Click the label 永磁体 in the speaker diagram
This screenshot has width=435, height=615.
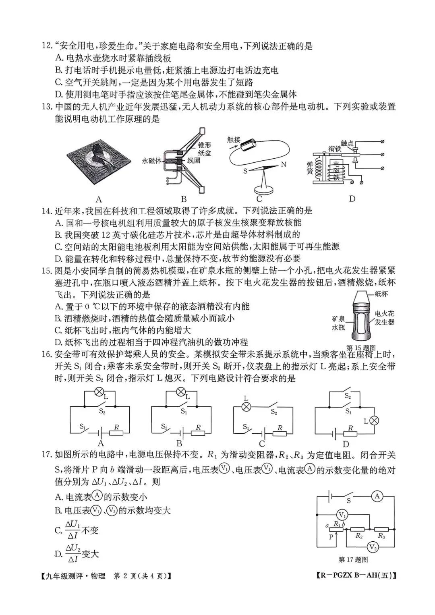[x=151, y=160]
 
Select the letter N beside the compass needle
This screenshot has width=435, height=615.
[x=283, y=164]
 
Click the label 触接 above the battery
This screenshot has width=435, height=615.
[x=233, y=140]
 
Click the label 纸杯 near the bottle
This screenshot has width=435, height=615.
[x=381, y=294]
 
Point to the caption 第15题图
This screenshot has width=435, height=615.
[x=361, y=348]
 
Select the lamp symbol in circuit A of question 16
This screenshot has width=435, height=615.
[x=99, y=392]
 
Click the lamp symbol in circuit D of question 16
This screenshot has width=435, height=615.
[x=374, y=420]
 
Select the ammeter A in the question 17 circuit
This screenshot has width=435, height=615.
[x=377, y=496]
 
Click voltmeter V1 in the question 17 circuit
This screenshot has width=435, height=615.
[x=342, y=514]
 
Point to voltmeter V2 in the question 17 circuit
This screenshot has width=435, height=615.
[x=373, y=547]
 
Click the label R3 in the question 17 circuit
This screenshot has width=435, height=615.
[x=381, y=536]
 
